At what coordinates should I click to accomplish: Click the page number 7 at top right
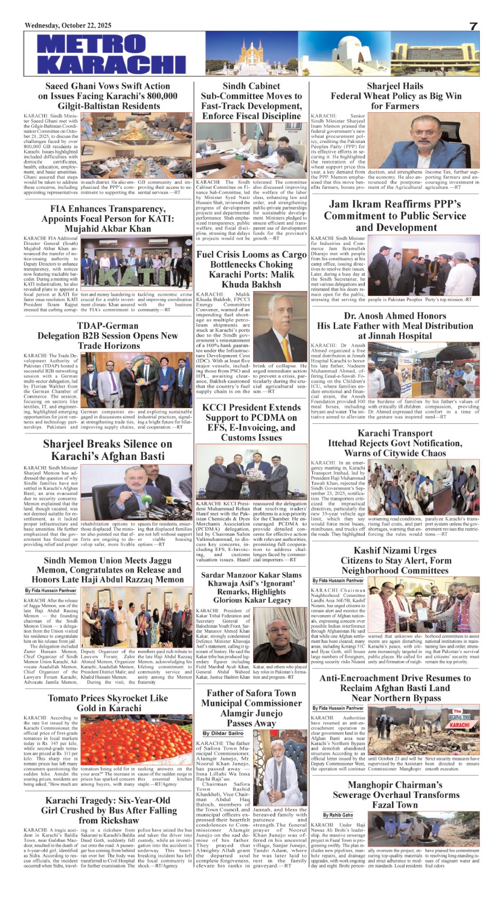(474, 26)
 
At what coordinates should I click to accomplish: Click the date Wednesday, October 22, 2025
(68, 25)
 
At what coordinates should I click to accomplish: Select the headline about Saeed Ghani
(107, 96)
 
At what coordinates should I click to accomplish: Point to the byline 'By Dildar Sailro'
(223, 733)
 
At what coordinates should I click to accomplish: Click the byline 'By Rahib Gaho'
(338, 815)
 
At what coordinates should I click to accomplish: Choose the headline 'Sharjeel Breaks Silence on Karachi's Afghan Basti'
(107, 450)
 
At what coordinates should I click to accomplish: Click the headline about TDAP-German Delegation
(107, 336)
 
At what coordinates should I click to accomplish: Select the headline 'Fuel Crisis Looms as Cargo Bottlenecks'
(251, 269)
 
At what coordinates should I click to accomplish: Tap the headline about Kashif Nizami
(395, 560)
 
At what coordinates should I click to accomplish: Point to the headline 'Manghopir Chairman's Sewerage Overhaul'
(395, 794)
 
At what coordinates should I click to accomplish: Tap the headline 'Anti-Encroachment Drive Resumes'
(395, 688)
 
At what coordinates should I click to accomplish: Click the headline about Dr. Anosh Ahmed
(395, 325)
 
